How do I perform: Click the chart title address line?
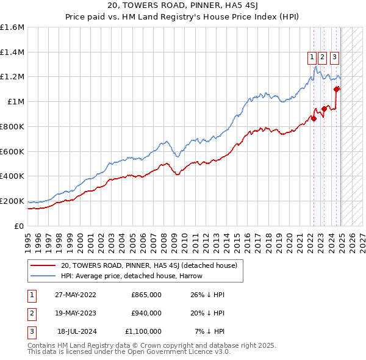(x=182, y=6)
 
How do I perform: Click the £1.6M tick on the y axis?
(x=12, y=27)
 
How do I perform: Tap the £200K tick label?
(x=12, y=201)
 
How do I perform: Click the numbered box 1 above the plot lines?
(x=312, y=57)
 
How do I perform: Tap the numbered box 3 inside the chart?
(x=335, y=57)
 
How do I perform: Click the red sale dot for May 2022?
(x=314, y=119)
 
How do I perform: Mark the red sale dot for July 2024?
(x=336, y=90)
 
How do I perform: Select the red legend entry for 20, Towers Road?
(x=152, y=265)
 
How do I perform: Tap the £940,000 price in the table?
(x=146, y=313)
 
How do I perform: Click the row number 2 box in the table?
(x=31, y=313)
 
